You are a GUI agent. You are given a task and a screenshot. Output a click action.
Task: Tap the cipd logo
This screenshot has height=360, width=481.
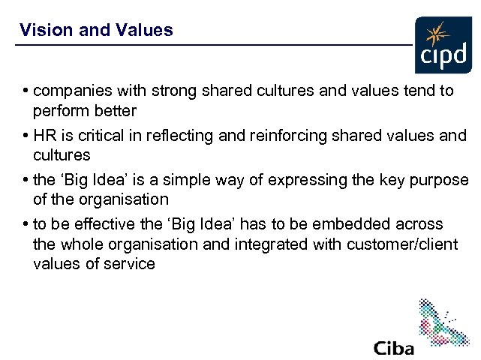coord(445,45)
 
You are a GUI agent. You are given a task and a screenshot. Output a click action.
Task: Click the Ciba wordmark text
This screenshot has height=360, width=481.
coord(394,348)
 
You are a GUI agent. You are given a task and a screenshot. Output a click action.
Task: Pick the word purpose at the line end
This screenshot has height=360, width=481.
coord(442,181)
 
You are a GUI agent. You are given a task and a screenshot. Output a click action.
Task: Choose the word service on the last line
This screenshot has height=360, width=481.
coord(131,264)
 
